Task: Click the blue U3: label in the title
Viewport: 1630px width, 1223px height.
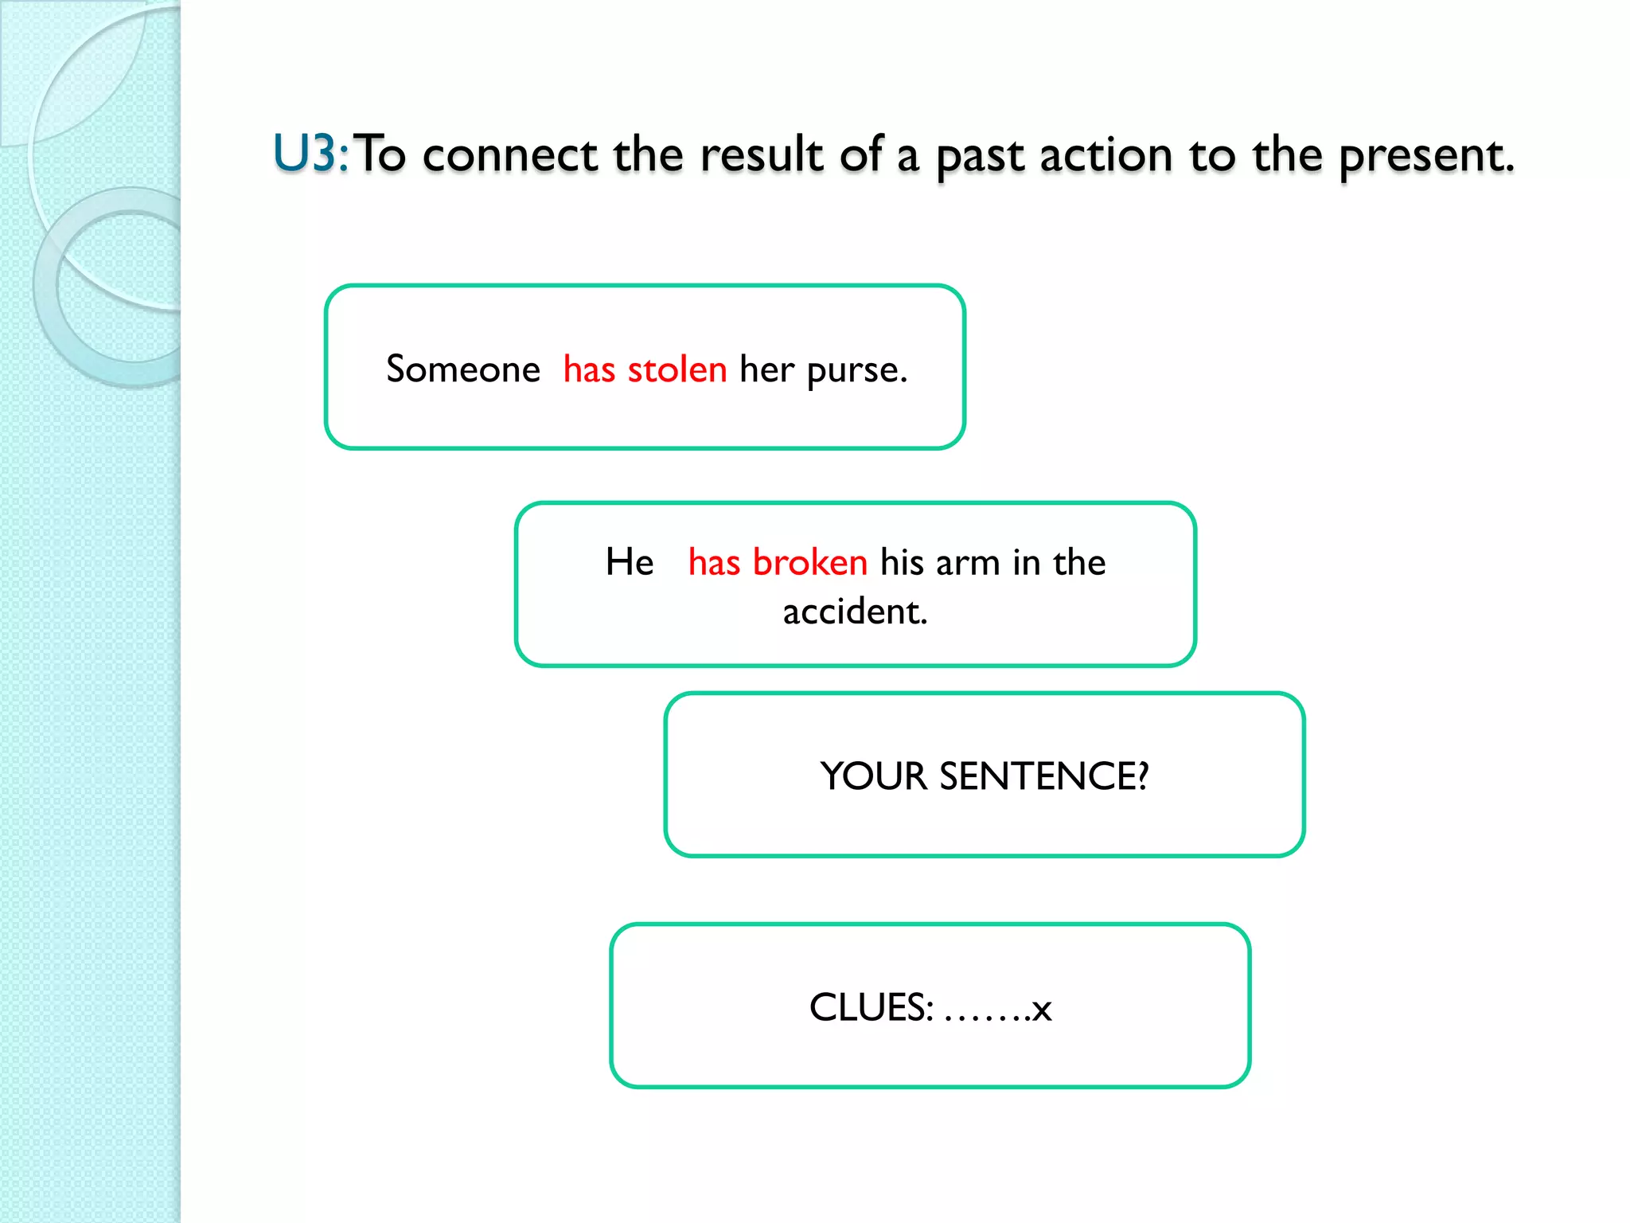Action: click(x=310, y=154)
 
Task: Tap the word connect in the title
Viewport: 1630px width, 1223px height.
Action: click(x=509, y=155)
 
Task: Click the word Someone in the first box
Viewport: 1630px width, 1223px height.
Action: click(x=463, y=369)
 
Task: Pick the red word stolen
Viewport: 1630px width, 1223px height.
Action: click(x=677, y=369)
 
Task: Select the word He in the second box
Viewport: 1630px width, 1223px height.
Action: click(x=630, y=562)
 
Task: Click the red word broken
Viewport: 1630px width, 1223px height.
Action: click(x=809, y=562)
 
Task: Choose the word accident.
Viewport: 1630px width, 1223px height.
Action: click(x=856, y=612)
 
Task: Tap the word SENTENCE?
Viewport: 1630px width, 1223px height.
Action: click(x=1044, y=776)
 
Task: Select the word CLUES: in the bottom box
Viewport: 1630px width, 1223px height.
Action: click(x=872, y=1008)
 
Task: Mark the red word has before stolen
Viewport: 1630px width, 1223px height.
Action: click(x=589, y=369)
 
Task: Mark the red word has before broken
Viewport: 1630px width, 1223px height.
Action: click(x=714, y=562)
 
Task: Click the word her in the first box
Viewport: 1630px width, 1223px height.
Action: click(x=766, y=369)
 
